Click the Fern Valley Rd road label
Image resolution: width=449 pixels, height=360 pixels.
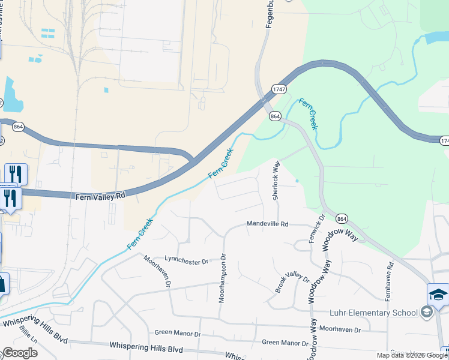point(100,196)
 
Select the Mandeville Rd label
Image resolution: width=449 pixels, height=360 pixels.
point(268,224)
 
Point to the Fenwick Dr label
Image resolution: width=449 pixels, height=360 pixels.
point(316,228)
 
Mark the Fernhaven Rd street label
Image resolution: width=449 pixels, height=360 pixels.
point(390,281)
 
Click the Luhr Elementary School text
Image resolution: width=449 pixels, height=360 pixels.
point(373,313)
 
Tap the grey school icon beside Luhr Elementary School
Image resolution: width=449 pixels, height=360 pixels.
point(426,312)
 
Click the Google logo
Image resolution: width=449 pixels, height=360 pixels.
point(20,353)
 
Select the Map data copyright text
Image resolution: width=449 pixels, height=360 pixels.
point(412,355)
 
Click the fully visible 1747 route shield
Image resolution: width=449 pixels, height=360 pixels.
point(278,89)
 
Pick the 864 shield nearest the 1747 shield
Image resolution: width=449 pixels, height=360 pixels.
point(276,116)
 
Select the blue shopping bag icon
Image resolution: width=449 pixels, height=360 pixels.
point(2,284)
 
